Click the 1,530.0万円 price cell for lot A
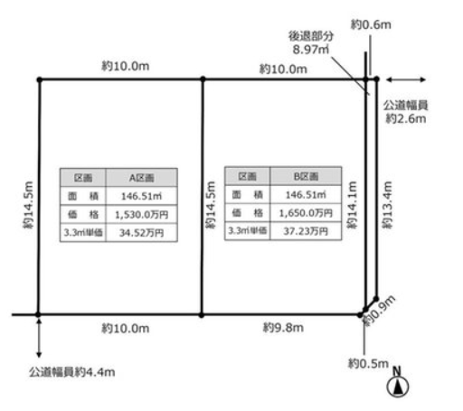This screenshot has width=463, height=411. tap(142, 214)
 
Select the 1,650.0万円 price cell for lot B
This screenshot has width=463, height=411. tap(306, 213)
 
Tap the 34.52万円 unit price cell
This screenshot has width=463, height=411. tap(142, 232)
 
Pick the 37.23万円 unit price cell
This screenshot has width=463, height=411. tap(306, 231)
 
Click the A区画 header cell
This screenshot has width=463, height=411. tap(142, 178)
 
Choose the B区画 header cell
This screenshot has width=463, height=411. tap(306, 176)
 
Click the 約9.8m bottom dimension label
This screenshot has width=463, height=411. tap(283, 328)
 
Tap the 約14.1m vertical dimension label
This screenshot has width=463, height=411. tap(352, 205)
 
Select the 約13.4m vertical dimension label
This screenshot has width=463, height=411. tap(388, 205)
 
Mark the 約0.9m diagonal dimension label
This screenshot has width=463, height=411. tap(379, 311)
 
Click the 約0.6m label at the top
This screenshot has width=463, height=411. tap(371, 24)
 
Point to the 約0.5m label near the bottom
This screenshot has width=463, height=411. tap(368, 363)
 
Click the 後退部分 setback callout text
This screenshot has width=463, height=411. tap(311, 36)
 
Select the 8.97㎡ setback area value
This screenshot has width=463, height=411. tap(311, 50)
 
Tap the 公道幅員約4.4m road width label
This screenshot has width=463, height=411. tap(72, 372)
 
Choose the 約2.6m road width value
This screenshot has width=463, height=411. tap(406, 118)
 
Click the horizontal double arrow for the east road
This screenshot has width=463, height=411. tap(406, 79)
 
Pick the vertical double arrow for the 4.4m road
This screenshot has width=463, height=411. tap(39, 338)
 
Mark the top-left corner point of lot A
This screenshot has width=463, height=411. tap(40, 79)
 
